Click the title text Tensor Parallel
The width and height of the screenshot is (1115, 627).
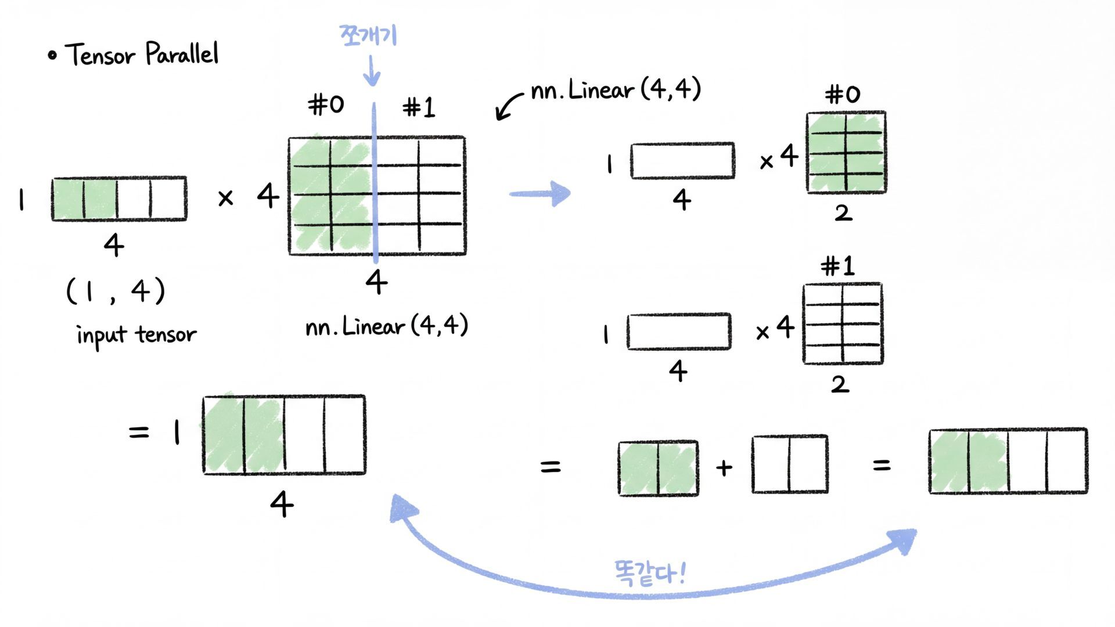142,54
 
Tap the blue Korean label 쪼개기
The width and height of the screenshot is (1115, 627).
368,35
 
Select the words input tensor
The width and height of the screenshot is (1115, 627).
136,335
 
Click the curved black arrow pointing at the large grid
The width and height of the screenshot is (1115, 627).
509,106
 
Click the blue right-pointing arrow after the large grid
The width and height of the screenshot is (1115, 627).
541,193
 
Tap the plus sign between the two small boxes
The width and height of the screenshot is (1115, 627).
724,467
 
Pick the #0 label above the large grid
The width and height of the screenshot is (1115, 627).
326,105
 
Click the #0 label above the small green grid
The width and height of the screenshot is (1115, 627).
843,94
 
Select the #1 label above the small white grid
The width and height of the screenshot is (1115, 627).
838,266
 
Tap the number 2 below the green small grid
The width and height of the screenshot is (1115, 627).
843,213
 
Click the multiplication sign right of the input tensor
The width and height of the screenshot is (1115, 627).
225,199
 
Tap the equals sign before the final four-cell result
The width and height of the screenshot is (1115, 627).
881,465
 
